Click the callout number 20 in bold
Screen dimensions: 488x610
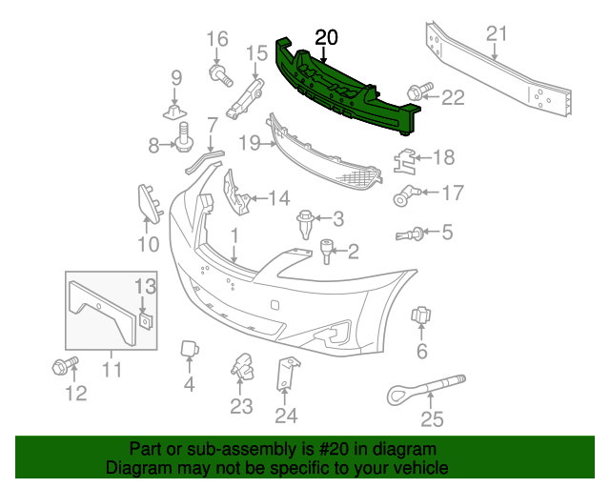click(x=326, y=37)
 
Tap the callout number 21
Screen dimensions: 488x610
click(x=496, y=35)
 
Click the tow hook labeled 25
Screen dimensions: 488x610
click(x=419, y=388)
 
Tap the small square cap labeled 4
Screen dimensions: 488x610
click(x=189, y=351)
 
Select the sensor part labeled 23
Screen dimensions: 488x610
click(x=240, y=365)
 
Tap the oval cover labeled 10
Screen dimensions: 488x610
click(x=147, y=202)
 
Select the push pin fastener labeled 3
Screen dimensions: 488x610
click(x=307, y=223)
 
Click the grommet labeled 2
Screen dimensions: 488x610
click(x=327, y=252)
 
